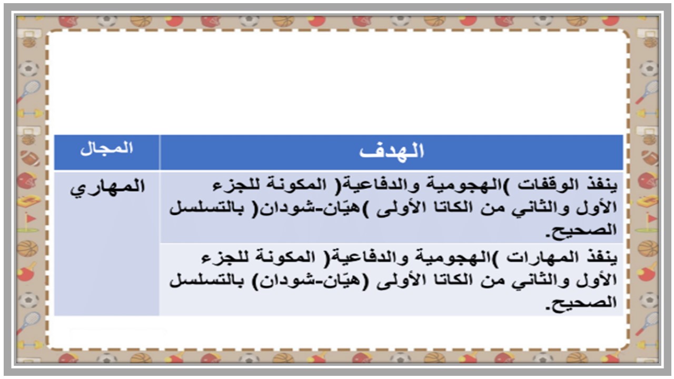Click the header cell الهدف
tap(392, 152)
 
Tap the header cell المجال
tap(106, 148)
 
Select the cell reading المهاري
tap(107, 187)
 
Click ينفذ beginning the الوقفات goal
tap(603, 186)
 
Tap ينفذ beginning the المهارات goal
tap(603, 258)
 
